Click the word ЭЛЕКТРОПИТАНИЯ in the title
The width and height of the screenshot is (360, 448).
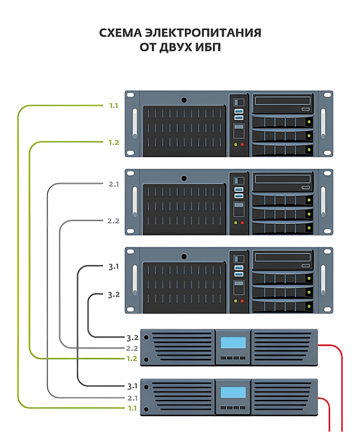pyautogui.click(x=203, y=32)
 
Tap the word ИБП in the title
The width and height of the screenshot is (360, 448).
pyautogui.click(x=208, y=47)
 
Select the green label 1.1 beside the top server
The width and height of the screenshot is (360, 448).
pyautogui.click(x=113, y=106)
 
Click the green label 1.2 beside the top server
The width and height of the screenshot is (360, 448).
pyautogui.click(x=113, y=142)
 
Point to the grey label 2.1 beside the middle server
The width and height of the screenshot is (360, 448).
pyautogui.click(x=113, y=184)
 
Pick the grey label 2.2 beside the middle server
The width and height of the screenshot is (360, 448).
pyautogui.click(x=113, y=221)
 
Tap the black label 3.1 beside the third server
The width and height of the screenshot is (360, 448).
pyautogui.click(x=113, y=267)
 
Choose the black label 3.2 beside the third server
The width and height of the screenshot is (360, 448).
pyautogui.click(x=113, y=295)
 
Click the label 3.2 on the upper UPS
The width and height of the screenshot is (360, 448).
pyautogui.click(x=133, y=338)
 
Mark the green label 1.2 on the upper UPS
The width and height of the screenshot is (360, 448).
pyautogui.click(x=132, y=359)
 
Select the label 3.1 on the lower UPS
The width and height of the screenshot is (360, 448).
pyautogui.click(x=132, y=386)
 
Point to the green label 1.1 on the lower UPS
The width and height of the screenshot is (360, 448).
pyautogui.click(x=132, y=408)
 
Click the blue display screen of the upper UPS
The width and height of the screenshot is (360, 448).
pyautogui.click(x=233, y=342)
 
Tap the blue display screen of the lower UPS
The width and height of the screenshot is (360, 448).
pyautogui.click(x=233, y=392)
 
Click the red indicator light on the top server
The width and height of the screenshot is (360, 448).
pyautogui.click(x=242, y=145)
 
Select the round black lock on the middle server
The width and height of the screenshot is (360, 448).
pyautogui.click(x=184, y=178)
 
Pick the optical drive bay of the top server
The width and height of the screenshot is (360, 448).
pyautogui.click(x=283, y=103)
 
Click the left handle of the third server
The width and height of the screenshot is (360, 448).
pyautogui.click(x=135, y=280)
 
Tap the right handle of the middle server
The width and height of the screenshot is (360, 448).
pyautogui.click(x=323, y=202)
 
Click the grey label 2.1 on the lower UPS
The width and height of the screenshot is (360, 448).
pyautogui.click(x=133, y=398)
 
